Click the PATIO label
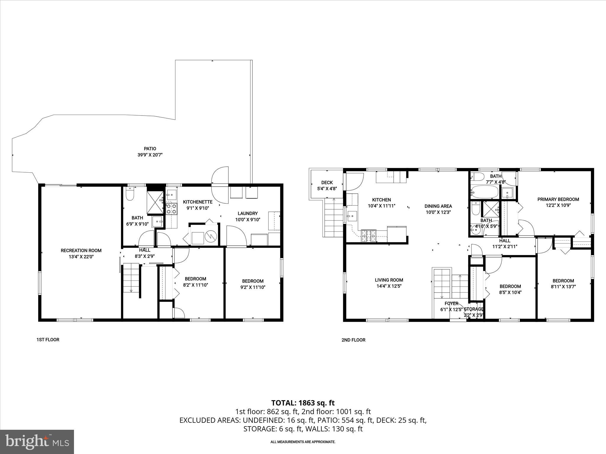(x=150, y=149)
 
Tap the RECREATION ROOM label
(x=81, y=251)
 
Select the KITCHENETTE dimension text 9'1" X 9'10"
(x=198, y=208)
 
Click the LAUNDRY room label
(x=248, y=213)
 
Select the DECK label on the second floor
(x=327, y=183)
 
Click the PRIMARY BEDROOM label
(x=558, y=200)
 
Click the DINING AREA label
(x=438, y=206)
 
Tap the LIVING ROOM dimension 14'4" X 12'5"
(x=389, y=286)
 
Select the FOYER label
(x=451, y=304)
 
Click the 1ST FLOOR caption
(x=48, y=340)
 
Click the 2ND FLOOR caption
(x=353, y=340)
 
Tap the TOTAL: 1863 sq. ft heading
(x=303, y=403)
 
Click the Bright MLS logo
(x=37, y=442)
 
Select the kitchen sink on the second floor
(x=352, y=216)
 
